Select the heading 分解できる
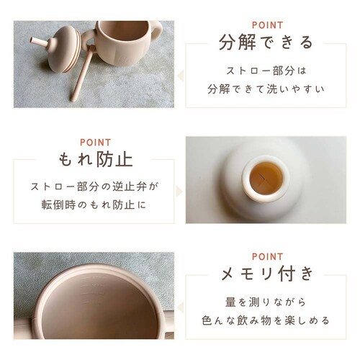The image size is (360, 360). click(x=266, y=42)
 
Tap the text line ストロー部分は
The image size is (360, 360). click(x=266, y=72)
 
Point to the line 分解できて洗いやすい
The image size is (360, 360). click(x=266, y=91)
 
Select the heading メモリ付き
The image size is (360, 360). click(x=266, y=274)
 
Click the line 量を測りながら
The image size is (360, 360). click(x=266, y=302)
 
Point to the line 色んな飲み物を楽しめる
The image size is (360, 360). click(x=266, y=320)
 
